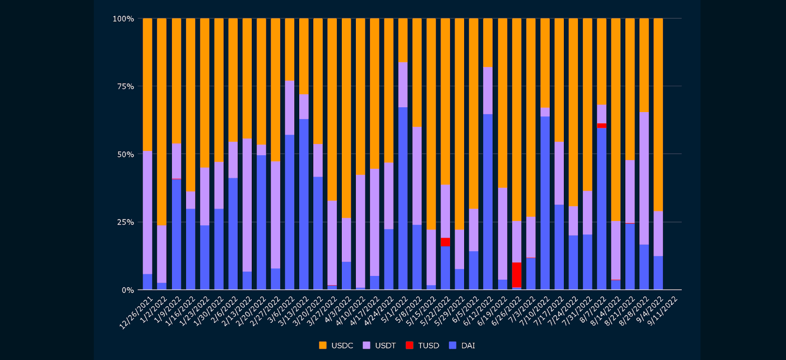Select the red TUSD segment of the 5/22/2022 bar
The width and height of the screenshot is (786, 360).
click(445, 242)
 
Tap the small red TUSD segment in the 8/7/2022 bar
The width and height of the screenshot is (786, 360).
click(602, 126)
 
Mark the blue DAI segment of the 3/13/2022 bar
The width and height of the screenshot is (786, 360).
click(304, 204)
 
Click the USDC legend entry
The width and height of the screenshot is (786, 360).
click(336, 345)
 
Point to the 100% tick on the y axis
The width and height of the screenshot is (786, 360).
click(123, 19)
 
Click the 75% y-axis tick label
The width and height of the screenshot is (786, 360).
click(125, 86)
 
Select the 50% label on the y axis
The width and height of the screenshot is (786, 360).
click(125, 154)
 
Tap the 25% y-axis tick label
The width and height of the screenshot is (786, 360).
click(125, 222)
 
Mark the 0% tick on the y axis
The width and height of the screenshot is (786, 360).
click(127, 290)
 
